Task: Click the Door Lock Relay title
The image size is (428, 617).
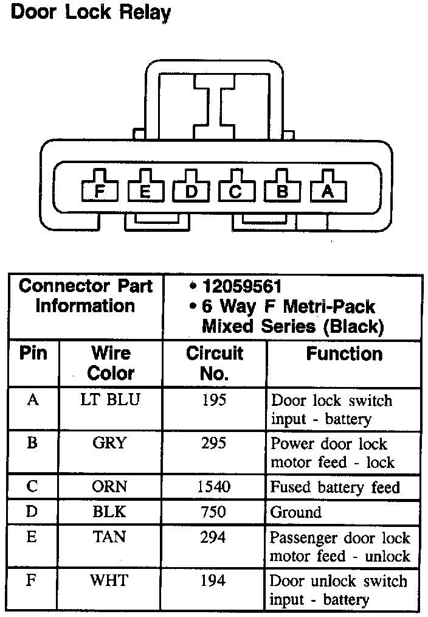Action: [x=91, y=13]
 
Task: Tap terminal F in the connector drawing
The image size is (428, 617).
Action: [x=100, y=192]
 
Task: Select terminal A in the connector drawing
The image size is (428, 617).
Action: [x=328, y=192]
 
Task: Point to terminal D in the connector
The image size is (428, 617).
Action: [x=191, y=192]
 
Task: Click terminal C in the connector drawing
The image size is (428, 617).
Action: [x=236, y=192]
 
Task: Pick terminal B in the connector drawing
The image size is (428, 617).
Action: [x=282, y=192]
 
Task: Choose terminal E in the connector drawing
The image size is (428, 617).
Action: [x=145, y=192]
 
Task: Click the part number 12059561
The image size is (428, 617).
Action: [x=243, y=287]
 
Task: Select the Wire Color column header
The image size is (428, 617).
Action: [x=111, y=363]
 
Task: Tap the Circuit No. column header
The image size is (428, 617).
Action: [x=214, y=363]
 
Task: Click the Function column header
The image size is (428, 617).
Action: [x=344, y=354]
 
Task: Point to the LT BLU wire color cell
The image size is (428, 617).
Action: [x=111, y=401]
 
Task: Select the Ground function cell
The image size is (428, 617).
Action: [x=295, y=512]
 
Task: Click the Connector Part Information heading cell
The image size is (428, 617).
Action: [x=85, y=296]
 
